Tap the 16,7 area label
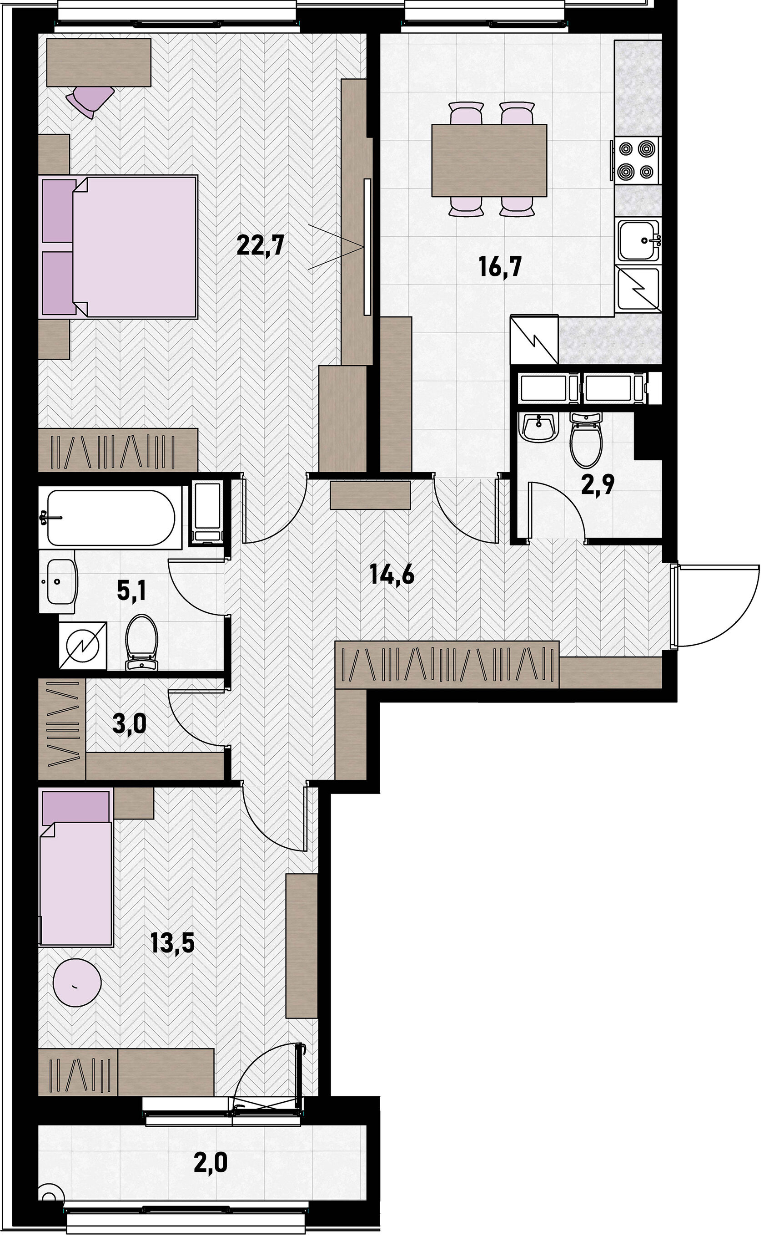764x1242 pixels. pos(500,266)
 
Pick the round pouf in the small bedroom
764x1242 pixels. pos(77,982)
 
